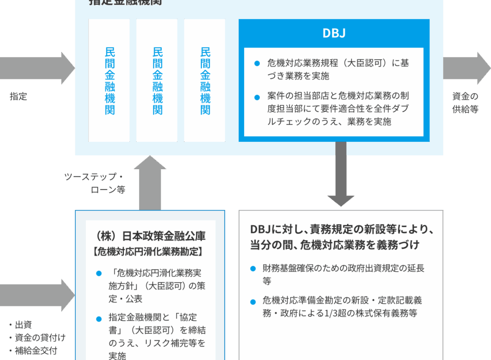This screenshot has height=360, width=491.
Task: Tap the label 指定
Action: coord(19,96)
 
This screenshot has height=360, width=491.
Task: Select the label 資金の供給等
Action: coord(465,103)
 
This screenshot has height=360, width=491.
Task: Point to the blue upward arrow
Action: coord(150,183)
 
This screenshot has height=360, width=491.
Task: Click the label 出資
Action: coord(23,325)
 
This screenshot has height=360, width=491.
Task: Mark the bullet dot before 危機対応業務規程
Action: coord(257,63)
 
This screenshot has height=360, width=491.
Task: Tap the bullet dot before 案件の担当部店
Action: coord(257,97)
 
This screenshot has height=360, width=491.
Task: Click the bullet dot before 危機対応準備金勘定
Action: coord(253,302)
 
